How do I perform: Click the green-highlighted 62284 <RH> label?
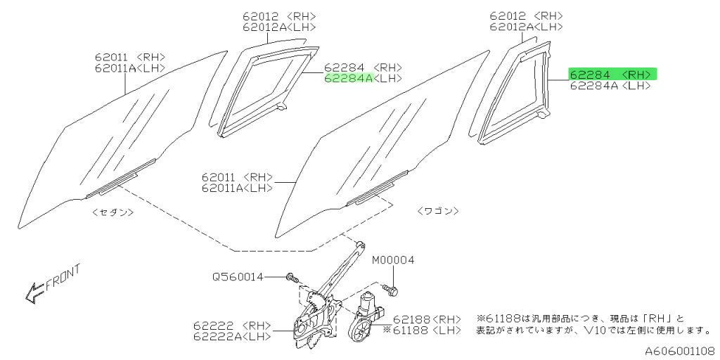click(612, 74)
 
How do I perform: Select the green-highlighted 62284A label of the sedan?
click(349, 79)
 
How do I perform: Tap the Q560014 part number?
click(238, 277)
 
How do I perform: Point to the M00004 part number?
click(392, 260)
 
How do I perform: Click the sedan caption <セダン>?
click(113, 212)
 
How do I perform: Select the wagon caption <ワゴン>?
click(438, 211)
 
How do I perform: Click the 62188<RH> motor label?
click(427, 319)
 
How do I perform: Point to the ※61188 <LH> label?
click(422, 330)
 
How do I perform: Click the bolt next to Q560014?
click(292, 277)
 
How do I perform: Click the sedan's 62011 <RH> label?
click(130, 58)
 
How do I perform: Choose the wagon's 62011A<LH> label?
click(237, 188)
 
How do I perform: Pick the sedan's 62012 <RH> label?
click(279, 17)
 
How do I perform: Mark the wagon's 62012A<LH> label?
click(526, 27)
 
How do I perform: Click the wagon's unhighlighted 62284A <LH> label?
click(610, 86)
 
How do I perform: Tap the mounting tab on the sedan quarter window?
click(281, 107)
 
